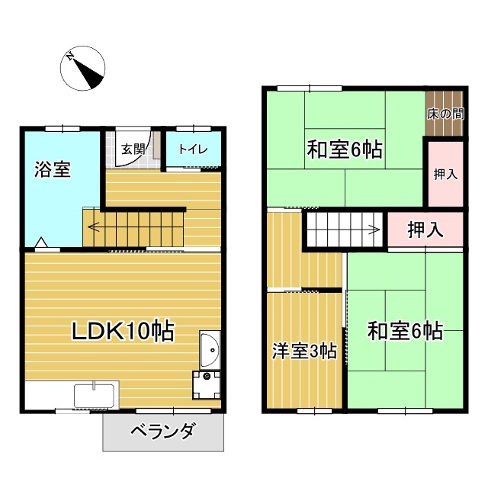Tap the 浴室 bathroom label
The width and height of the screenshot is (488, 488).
pos(53,169)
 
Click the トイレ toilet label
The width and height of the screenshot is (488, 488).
pos(193,149)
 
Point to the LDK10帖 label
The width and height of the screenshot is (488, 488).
pos(123,332)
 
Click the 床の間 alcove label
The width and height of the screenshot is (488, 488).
pos(445,114)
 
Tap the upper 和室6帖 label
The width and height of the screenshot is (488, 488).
pos(344,149)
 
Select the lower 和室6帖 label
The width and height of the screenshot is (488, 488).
pos(405,331)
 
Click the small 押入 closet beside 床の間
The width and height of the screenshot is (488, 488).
pos(445,174)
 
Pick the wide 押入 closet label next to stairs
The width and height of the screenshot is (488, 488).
pos(425,230)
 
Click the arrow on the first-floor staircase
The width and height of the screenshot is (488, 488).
pos(93,226)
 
